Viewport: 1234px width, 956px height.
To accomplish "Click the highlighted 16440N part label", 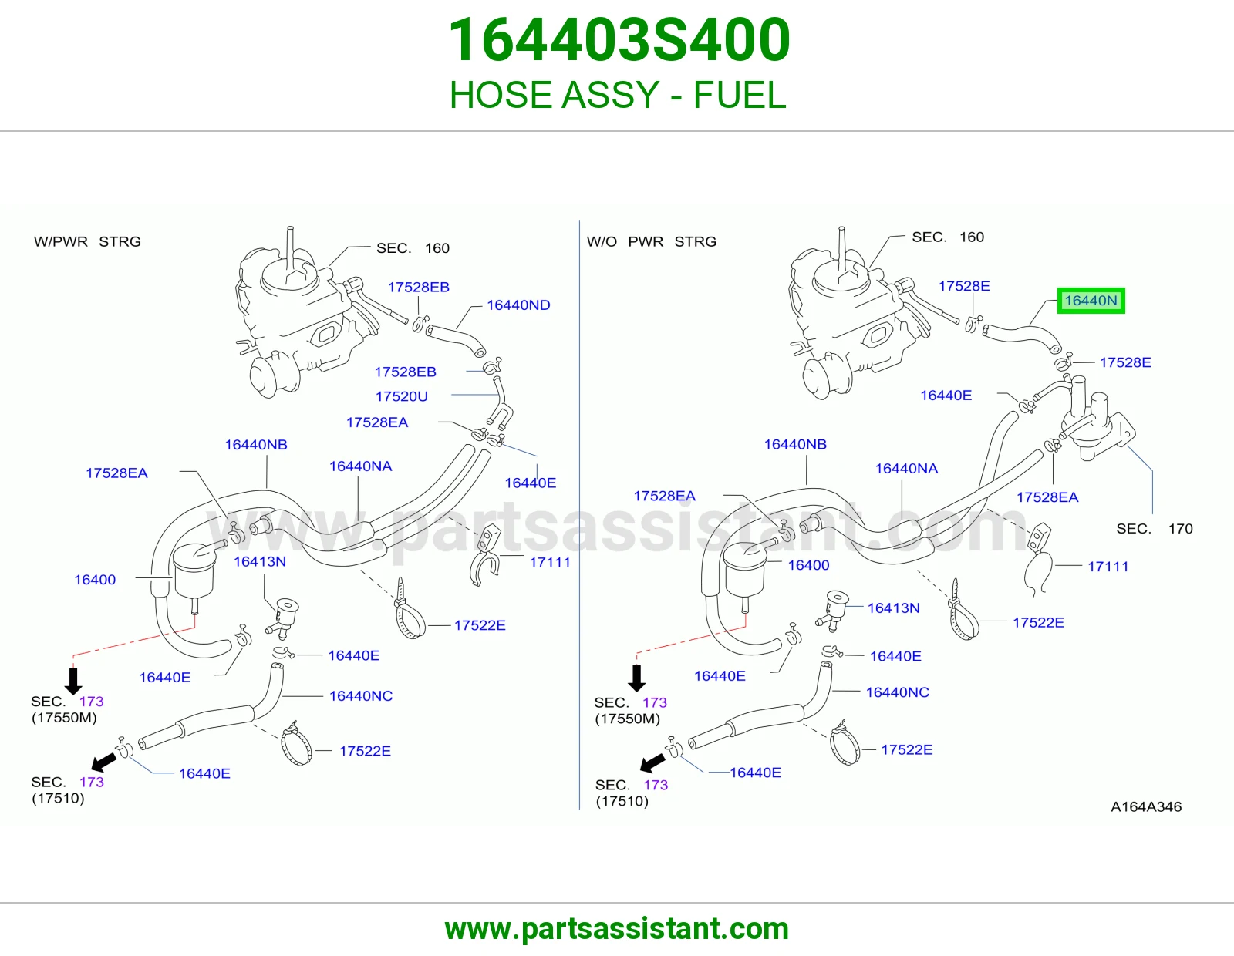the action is click(x=1091, y=301).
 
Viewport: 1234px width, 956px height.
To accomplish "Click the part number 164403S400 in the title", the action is click(x=619, y=39).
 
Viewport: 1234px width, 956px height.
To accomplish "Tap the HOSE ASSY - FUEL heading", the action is click(x=618, y=94).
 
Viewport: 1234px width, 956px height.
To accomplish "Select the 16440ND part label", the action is click(x=518, y=305).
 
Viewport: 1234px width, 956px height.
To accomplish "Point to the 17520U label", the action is click(x=402, y=396).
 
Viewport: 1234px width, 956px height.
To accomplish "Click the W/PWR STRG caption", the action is click(x=87, y=241).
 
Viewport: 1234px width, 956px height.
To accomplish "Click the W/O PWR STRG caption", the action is click(x=652, y=241).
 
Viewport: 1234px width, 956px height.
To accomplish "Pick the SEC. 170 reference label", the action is click(x=1154, y=529).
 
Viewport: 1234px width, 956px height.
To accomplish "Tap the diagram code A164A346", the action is click(x=1146, y=806).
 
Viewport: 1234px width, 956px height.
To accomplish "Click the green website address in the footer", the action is click(x=617, y=929).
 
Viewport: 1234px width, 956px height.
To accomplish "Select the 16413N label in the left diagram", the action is click(x=259, y=561).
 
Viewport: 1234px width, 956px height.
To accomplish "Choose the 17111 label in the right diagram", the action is click(x=1108, y=566).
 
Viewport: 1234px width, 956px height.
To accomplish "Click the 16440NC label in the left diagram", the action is click(x=361, y=696).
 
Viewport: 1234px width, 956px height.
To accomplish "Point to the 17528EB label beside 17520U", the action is click(x=405, y=372).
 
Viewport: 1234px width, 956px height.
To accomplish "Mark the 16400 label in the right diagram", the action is click(x=808, y=565).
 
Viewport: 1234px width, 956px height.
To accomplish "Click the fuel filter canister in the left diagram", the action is click(x=193, y=570).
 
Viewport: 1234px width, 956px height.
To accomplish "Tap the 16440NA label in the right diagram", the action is click(x=905, y=468).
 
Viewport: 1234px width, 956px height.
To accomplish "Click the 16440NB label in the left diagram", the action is click(x=255, y=445).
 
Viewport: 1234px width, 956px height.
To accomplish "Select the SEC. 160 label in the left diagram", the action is click(x=413, y=248).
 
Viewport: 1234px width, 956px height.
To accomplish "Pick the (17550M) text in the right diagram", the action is click(x=628, y=719).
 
